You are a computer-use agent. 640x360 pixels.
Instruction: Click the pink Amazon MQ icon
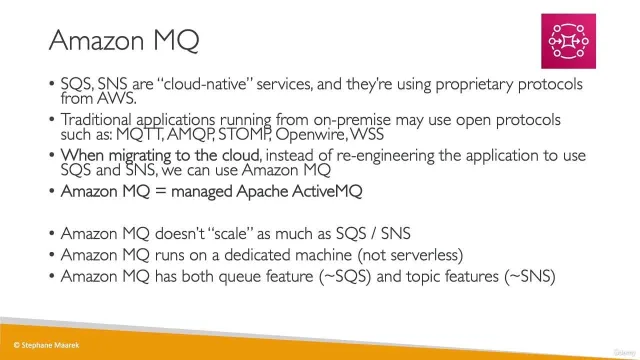click(x=568, y=41)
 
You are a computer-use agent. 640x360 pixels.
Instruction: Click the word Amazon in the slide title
click(x=97, y=40)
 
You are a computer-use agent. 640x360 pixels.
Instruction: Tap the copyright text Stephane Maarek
click(x=47, y=345)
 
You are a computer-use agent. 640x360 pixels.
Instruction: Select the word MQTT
click(x=139, y=134)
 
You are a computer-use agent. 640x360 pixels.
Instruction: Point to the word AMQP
click(x=190, y=134)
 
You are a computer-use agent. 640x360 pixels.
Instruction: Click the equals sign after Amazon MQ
click(x=161, y=191)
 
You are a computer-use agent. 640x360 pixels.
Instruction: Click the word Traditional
click(x=96, y=120)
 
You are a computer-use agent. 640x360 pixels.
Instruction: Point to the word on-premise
click(x=352, y=120)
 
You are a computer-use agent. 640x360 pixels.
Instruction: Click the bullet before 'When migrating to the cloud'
click(x=51, y=156)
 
